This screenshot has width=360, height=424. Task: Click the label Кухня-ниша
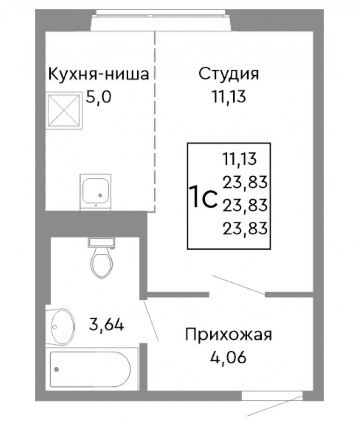coord(99,74)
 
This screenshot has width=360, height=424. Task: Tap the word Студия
coord(229,74)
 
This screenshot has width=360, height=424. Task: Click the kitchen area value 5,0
coord(99,97)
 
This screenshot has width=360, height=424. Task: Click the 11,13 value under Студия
coord(229,97)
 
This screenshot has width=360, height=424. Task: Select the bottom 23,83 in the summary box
coord(245,228)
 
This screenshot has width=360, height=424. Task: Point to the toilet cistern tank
coord(101,242)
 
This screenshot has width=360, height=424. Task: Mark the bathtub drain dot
coord(56,370)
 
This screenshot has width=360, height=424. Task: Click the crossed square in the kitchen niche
coord(64,111)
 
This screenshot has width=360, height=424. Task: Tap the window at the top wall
coord(162,21)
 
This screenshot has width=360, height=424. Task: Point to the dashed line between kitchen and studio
coord(154,122)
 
